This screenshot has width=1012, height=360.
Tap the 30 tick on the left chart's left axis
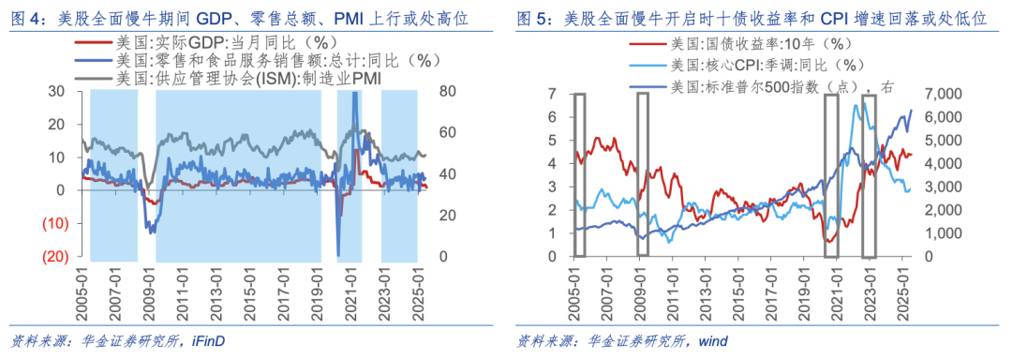click(x=56, y=91)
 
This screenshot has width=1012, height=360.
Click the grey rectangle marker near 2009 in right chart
click(x=642, y=174)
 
